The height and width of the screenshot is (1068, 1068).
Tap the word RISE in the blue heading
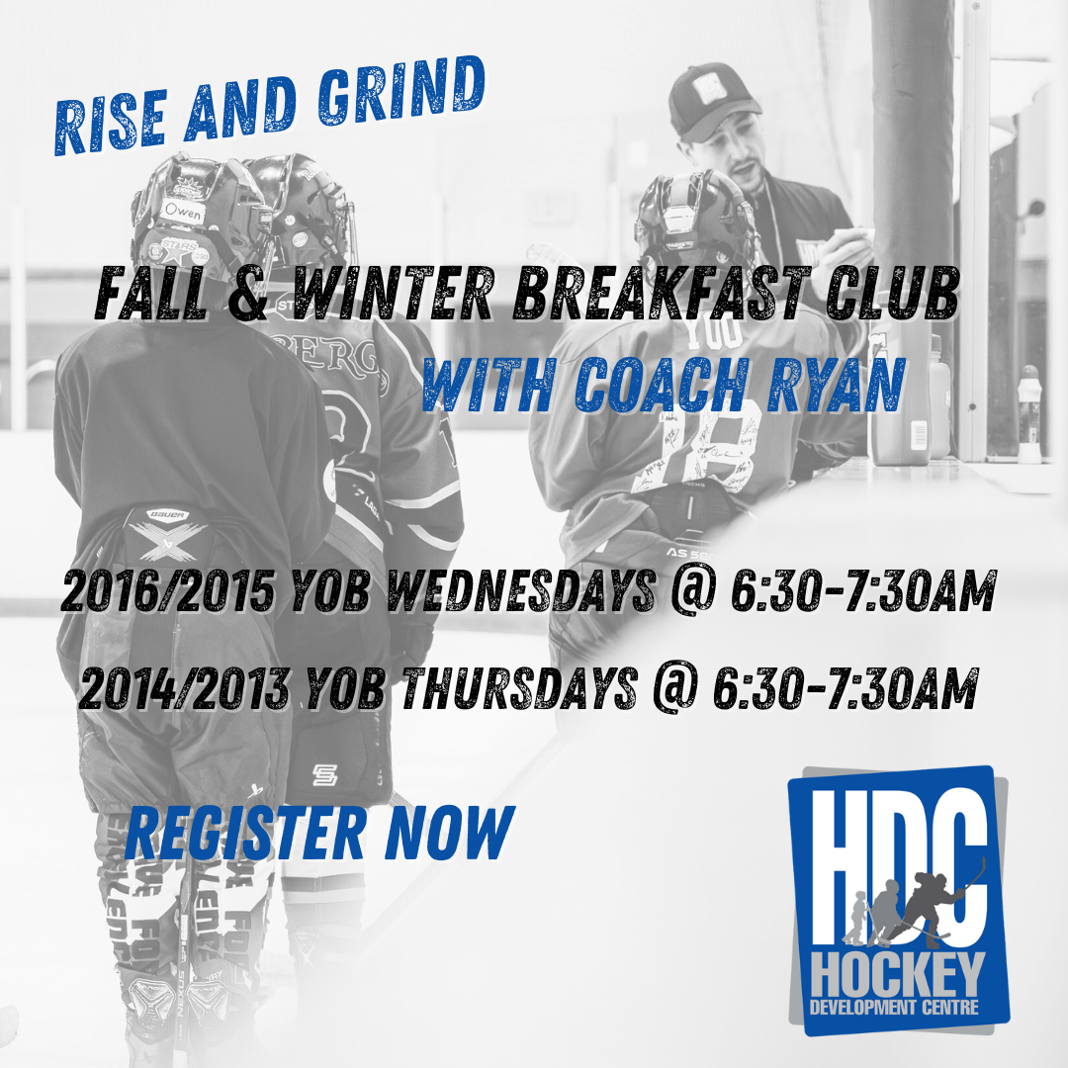[111, 124]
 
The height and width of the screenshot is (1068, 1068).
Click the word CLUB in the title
[893, 293]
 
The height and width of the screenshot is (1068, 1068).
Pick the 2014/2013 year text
[184, 687]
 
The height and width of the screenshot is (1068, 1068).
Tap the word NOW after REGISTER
[450, 833]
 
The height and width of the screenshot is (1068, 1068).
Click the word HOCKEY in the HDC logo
[898, 975]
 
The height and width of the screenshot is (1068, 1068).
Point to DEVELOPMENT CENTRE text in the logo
[894, 1007]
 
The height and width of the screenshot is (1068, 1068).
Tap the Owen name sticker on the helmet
[183, 212]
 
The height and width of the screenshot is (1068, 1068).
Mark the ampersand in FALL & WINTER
[248, 295]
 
